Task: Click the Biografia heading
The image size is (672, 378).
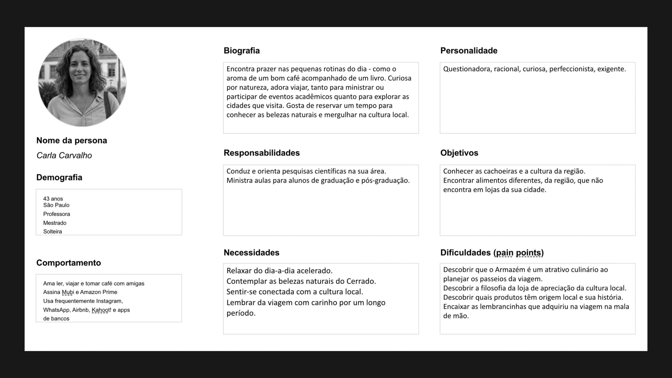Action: (241, 51)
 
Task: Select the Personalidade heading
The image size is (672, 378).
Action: (469, 51)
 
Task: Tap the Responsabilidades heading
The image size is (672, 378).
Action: (261, 153)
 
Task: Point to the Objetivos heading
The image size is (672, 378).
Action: (459, 153)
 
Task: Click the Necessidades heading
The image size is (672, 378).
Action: (251, 253)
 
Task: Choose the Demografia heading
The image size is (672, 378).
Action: (59, 177)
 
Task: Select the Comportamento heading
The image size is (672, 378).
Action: (69, 263)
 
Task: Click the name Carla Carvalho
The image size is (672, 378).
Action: (64, 155)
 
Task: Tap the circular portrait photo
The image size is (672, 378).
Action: (82, 82)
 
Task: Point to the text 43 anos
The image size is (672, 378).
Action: (53, 199)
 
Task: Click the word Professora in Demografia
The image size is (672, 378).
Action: (56, 214)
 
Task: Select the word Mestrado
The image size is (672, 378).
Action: (55, 223)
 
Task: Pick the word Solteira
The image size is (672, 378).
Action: (52, 232)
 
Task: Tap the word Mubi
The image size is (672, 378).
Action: (68, 292)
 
